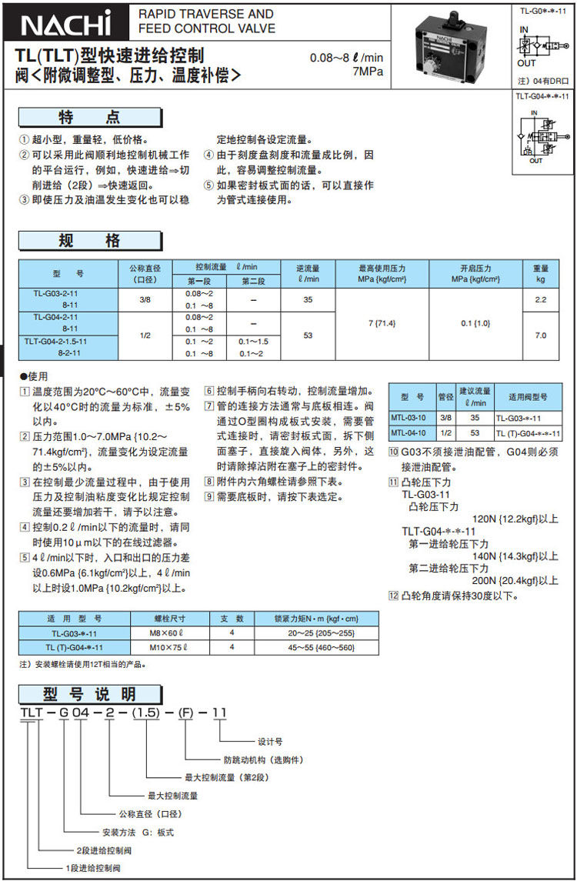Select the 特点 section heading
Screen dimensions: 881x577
coord(90,118)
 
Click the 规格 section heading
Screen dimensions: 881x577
coord(90,240)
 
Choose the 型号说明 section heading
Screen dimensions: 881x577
coord(90,693)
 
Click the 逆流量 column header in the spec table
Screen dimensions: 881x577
coord(308,274)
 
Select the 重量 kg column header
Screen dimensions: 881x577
coord(541,274)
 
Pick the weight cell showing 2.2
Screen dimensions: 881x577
coord(541,299)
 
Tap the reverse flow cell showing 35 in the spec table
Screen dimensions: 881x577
coord(308,299)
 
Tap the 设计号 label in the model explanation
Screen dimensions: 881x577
coord(270,742)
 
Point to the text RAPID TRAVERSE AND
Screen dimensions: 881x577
coord(205,14)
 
